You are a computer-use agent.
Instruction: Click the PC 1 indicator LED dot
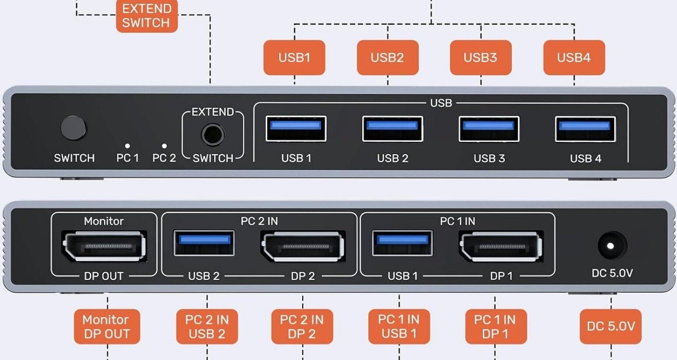tap(127, 146)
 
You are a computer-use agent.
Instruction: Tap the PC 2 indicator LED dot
tap(164, 146)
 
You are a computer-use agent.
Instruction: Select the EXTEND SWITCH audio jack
tap(213, 135)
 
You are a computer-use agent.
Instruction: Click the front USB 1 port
tap(296, 128)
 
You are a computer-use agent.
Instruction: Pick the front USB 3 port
tap(489, 128)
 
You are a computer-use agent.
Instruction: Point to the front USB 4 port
tap(585, 128)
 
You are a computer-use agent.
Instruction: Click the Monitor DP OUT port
tap(104, 246)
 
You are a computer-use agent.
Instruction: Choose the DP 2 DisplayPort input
tap(303, 246)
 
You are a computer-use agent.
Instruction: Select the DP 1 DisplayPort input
tap(501, 246)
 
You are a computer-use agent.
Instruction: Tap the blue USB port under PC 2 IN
tap(204, 242)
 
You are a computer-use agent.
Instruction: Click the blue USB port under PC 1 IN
tap(402, 242)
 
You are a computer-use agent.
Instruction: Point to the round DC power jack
tap(612, 246)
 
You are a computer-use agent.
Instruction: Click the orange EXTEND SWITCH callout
tap(147, 16)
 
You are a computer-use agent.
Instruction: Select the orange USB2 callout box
tap(387, 58)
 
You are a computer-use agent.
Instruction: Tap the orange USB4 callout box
tap(574, 58)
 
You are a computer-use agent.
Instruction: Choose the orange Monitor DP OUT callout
tap(106, 327)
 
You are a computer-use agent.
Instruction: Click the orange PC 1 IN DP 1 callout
tap(495, 327)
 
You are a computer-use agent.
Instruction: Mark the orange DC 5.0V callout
tap(610, 326)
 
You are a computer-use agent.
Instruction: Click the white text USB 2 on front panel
tap(393, 158)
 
